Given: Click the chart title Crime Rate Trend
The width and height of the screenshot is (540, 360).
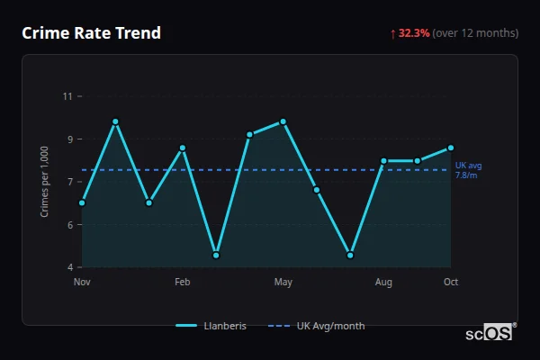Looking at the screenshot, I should coord(91,33).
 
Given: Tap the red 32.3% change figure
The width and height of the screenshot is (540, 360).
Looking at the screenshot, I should coord(415,33).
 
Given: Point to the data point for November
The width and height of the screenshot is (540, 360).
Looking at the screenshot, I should coord(82,202).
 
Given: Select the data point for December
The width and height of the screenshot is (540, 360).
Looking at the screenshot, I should coord(115,121).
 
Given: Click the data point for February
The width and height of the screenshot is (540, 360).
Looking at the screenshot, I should coord(183,148).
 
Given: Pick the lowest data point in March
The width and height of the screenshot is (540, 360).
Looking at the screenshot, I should coord(216,255).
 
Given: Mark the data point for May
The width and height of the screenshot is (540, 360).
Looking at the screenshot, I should coord(283,121).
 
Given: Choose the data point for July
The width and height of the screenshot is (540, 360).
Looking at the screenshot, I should coord(350,255).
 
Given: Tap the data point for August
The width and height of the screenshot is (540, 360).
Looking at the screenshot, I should coord(383,161).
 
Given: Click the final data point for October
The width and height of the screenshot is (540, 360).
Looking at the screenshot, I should coord(451,148).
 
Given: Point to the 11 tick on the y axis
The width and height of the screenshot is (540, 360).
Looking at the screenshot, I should coord(67,96).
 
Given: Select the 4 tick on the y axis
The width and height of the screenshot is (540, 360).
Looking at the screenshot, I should coord(69,267).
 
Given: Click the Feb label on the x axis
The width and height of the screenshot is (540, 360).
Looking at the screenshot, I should coord(183,283).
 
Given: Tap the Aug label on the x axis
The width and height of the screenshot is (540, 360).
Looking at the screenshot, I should coord(383,283).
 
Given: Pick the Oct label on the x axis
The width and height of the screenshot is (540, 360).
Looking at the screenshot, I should coord(451,283).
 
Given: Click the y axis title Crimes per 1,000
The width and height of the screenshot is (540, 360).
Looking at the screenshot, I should coord(44,181).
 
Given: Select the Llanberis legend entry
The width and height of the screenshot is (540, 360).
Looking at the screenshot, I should coord(211,326).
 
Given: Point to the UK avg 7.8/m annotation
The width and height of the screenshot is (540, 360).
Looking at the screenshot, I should coord(469,170).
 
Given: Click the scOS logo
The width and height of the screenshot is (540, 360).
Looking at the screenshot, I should coord(490,332).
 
